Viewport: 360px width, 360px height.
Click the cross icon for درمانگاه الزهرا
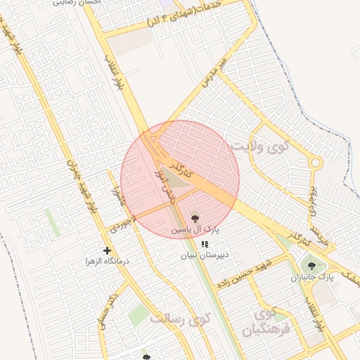[x=107, y=250]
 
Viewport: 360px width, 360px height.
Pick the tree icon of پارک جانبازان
[x=311, y=266]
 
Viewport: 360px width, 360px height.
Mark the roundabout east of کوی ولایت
[x=315, y=163]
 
